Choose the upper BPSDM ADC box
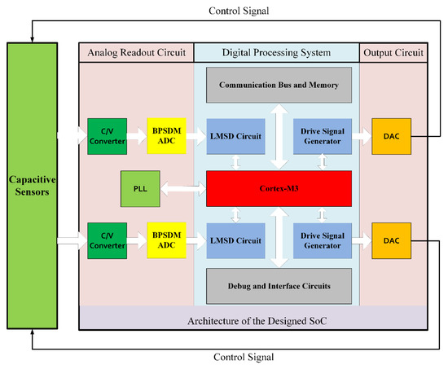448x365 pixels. coord(166,134)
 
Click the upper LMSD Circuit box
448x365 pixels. coord(235,134)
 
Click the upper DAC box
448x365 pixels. coord(391,134)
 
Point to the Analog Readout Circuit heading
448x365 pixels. coord(135,54)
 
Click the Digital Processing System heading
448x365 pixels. coord(276,54)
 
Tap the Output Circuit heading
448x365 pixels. coord(394,54)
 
